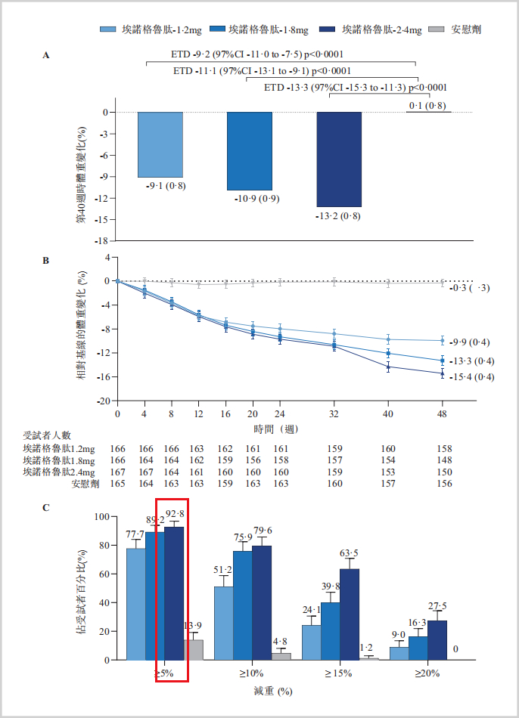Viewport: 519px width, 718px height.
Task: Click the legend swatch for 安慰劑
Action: pos(436,29)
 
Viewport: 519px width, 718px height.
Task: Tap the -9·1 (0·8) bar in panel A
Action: pos(160,144)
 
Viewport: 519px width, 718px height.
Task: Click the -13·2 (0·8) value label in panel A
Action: pos(338,217)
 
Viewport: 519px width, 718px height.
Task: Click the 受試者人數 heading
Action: pos(46,435)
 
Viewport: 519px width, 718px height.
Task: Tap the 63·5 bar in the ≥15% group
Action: pos(350,614)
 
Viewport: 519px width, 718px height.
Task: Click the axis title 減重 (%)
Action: pos(273,691)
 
